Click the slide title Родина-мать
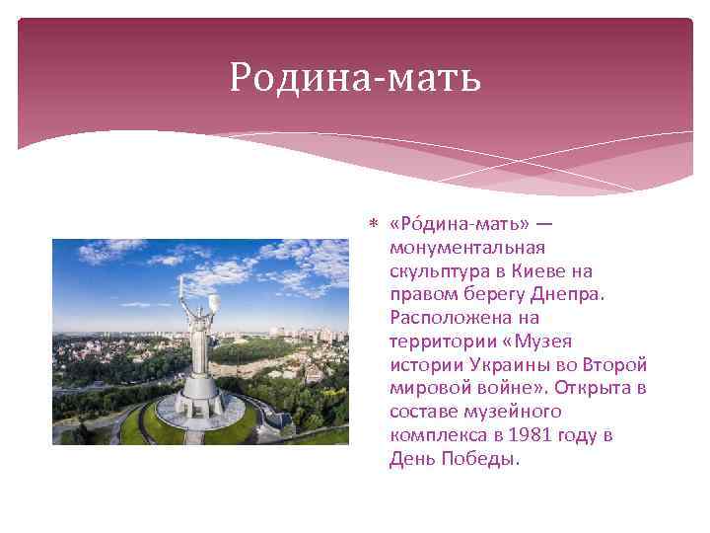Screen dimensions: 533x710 pyautogui.click(x=355, y=76)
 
